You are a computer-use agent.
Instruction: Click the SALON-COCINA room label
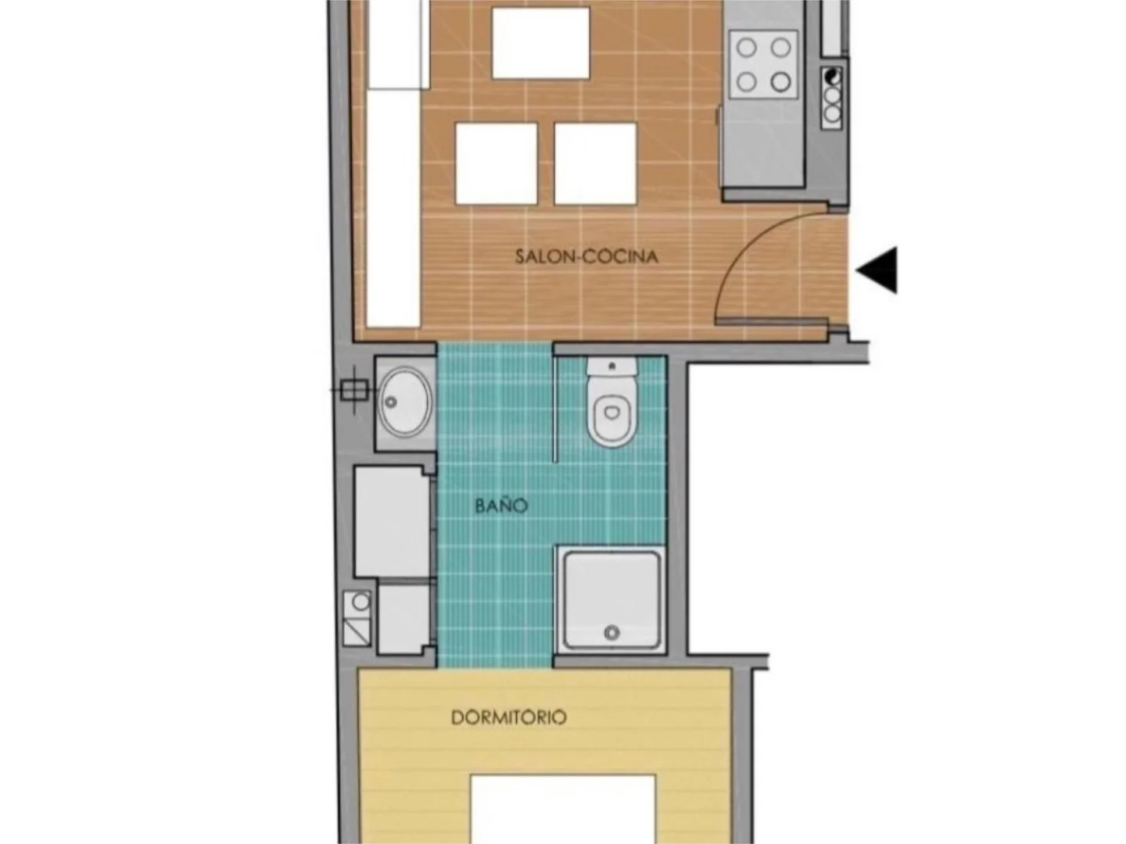point(586,256)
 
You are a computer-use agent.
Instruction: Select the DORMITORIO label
point(508,717)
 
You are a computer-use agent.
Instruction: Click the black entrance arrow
point(877,270)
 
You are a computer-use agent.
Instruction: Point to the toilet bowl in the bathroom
point(611,413)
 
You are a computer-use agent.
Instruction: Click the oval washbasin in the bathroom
point(404,402)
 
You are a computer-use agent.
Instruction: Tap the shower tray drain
point(611,633)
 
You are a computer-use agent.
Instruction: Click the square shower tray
point(611,600)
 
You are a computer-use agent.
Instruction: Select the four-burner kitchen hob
point(763,64)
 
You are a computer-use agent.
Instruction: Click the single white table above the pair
point(540,43)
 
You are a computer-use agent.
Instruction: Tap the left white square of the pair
point(496,163)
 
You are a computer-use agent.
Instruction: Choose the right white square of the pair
point(595,163)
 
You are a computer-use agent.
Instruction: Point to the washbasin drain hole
point(391,402)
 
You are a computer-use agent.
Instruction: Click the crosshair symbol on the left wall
point(354,391)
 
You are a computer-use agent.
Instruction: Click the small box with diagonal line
point(356,632)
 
